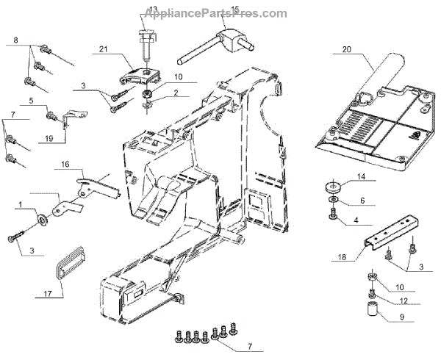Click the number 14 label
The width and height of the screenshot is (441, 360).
(x=361, y=176)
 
